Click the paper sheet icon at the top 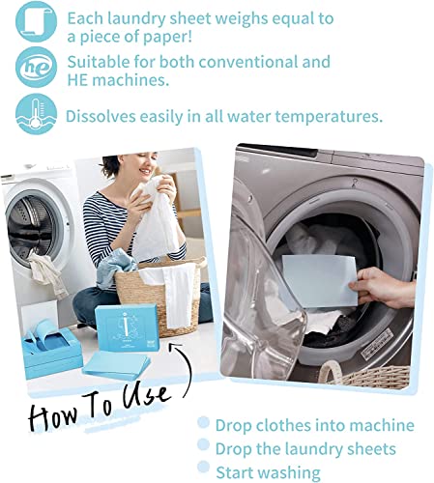tap(36, 20)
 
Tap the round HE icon tap(36, 67)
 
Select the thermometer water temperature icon tap(36, 115)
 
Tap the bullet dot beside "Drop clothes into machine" tap(203, 425)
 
